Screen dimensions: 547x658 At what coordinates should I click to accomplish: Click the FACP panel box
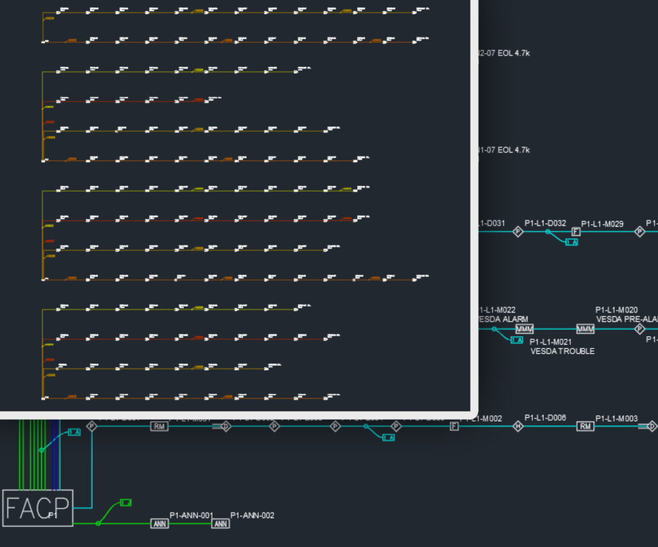point(37,508)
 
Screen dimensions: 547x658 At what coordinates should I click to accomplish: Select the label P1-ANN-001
point(191,515)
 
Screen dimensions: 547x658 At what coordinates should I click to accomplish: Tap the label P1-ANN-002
point(252,515)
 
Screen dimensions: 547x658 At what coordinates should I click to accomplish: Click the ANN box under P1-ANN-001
point(159,524)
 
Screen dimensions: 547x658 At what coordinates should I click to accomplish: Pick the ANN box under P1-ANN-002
point(220,524)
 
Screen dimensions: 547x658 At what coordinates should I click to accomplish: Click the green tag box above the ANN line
point(126,502)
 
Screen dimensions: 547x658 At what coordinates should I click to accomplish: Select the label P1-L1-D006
point(545,418)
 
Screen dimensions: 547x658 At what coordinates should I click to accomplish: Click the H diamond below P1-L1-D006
point(518,426)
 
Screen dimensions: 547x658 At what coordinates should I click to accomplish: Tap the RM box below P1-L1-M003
point(585,426)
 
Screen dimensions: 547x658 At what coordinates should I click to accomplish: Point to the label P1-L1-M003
point(616,418)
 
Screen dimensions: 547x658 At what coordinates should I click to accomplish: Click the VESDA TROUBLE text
point(562,351)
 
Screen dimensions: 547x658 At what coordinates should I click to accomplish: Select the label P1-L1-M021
point(551,342)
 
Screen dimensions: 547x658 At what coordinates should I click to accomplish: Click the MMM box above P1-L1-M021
point(524,329)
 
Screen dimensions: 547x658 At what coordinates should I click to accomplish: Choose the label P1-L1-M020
point(616,310)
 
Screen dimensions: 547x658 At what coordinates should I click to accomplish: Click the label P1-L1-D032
point(545,223)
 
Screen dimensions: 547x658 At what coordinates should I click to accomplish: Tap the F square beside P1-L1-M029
point(576,231)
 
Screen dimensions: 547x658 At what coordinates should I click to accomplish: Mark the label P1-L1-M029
point(602,224)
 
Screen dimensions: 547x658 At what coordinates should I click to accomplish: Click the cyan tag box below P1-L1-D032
point(571,242)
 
